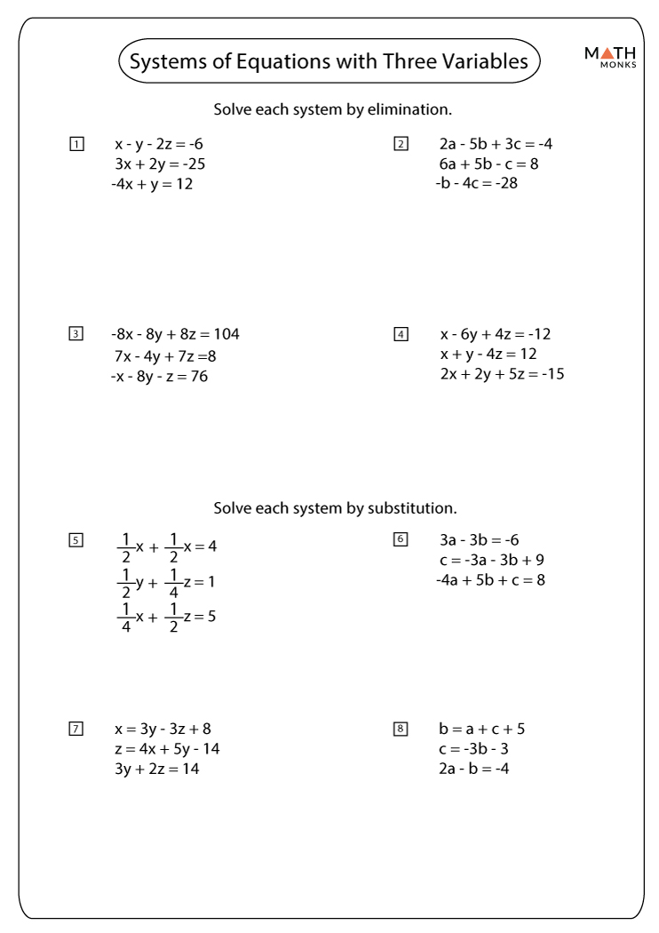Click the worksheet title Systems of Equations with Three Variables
pyautogui.click(x=329, y=61)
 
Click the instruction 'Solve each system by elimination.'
pyautogui.click(x=333, y=110)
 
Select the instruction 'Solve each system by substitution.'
pyautogui.click(x=335, y=509)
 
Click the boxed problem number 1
pyautogui.click(x=76, y=144)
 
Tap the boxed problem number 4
pyautogui.click(x=401, y=334)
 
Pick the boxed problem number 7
pyautogui.click(x=76, y=730)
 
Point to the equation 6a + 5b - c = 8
pyautogui.click(x=488, y=164)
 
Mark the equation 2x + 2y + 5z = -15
pyautogui.click(x=502, y=374)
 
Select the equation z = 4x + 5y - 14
pyautogui.click(x=167, y=749)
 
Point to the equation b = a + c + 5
pyautogui.click(x=482, y=730)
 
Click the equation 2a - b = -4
pyautogui.click(x=473, y=769)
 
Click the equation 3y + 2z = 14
pyautogui.click(x=157, y=769)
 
